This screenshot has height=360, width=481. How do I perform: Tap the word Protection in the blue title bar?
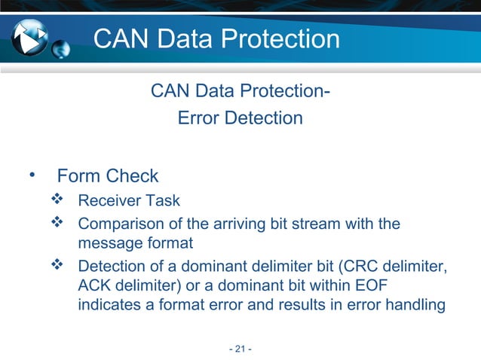(274, 40)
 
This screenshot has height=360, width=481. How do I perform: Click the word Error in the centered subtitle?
(195, 118)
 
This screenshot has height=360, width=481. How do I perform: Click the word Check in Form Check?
(133, 176)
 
